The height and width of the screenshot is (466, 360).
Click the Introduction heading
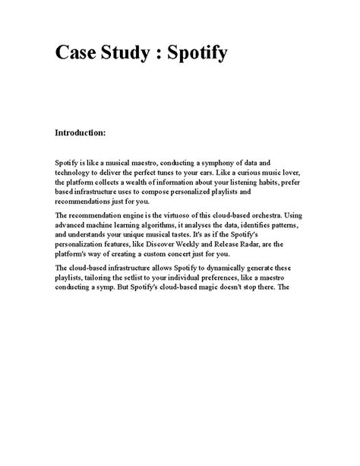(84, 133)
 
